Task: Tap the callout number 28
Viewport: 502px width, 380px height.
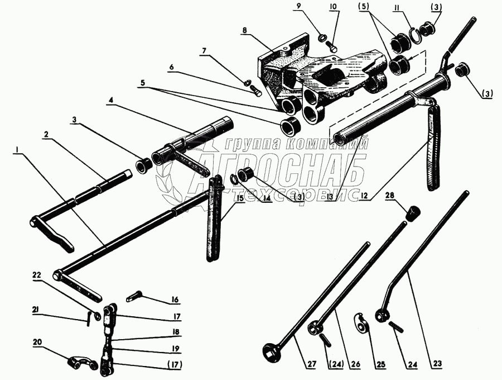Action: tap(389, 196)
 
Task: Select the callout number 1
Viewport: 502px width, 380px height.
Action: tap(19, 150)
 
